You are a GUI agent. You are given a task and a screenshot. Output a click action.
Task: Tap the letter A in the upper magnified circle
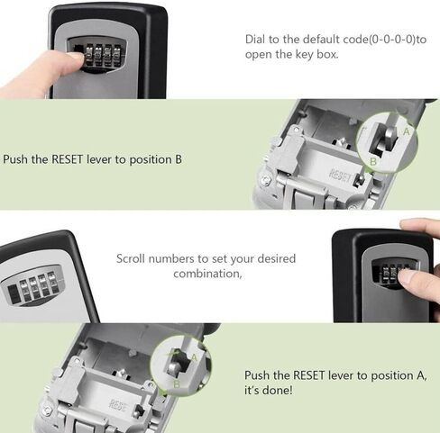[406, 131]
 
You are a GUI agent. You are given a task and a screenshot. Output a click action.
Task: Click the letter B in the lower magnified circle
[177, 383]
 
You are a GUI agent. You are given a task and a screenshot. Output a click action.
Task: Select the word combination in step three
[207, 274]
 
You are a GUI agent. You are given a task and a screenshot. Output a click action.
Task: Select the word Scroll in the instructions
[133, 259]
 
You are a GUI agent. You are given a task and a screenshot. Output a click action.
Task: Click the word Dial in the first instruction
[258, 40]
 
